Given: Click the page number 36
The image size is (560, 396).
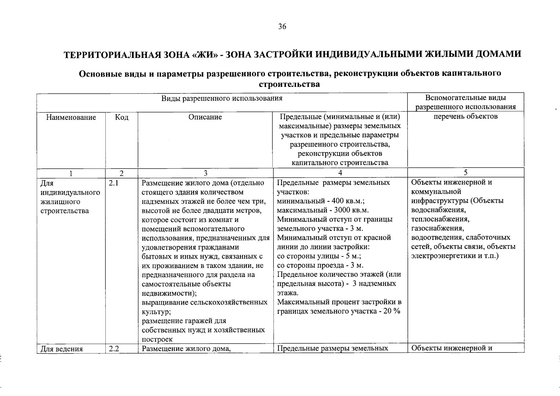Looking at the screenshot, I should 282,27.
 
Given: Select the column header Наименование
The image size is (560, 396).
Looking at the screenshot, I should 71,117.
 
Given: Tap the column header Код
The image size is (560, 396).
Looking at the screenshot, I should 121,117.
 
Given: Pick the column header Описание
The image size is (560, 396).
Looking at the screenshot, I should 205,117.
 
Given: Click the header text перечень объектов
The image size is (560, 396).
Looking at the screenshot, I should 466,116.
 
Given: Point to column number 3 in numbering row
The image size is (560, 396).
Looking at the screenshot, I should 205,173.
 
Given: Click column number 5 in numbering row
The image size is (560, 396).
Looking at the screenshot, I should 466,173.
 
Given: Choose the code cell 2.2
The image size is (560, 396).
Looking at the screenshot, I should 114,349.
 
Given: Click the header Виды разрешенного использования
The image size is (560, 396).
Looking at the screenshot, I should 222,98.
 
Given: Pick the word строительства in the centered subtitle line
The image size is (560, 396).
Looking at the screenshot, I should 289,84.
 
